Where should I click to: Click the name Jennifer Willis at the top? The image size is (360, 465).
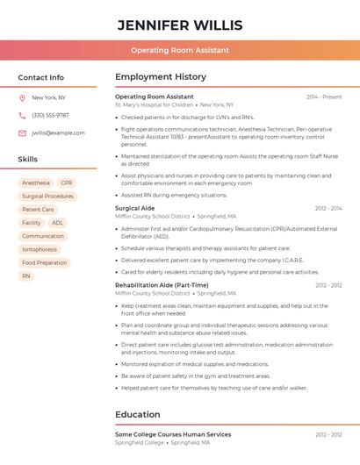click(x=180, y=25)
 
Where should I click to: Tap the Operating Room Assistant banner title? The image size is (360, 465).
click(x=180, y=50)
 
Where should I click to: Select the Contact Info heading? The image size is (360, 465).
click(x=41, y=77)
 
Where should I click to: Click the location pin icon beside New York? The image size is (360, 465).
click(x=22, y=97)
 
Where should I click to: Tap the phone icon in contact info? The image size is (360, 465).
click(x=22, y=115)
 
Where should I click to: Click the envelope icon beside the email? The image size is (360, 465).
click(x=22, y=133)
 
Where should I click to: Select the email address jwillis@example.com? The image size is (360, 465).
click(x=58, y=133)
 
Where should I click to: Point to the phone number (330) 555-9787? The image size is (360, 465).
click(x=50, y=115)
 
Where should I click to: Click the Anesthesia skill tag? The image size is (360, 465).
click(x=36, y=183)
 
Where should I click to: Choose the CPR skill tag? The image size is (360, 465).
click(x=67, y=183)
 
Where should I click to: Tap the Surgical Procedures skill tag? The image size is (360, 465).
click(x=47, y=197)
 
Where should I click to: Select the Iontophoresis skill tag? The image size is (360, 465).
click(x=40, y=249)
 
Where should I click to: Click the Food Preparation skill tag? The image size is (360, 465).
click(x=44, y=262)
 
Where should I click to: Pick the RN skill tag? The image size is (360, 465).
click(x=25, y=275)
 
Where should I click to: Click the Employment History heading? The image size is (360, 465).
click(x=161, y=77)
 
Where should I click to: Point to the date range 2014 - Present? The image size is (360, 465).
click(x=324, y=97)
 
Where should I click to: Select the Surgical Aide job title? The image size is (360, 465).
click(x=134, y=208)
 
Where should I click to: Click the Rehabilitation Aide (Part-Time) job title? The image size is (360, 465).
click(x=162, y=285)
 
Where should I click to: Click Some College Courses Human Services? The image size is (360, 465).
click(x=173, y=434)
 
